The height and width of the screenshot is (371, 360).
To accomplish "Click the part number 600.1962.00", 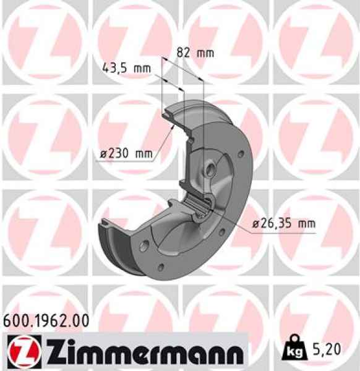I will tap(46, 321).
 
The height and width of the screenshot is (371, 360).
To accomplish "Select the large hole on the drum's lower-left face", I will tap(144, 246).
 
